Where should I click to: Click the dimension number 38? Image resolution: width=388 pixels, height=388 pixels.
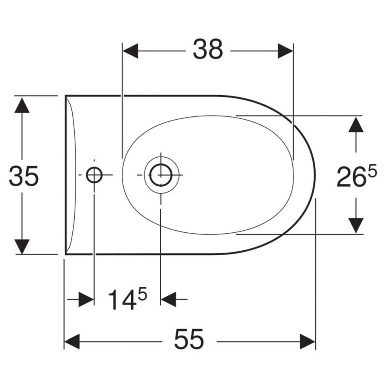coord(208,49)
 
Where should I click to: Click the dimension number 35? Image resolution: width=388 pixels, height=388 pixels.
coord(24,176)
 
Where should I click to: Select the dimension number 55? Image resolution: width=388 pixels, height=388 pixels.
coord(189,339)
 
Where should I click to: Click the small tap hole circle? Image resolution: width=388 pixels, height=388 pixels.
coord(94,175)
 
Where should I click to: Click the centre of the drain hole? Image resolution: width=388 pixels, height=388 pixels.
coord(161,175)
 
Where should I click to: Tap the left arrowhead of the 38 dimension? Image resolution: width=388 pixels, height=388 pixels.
coord(130,51)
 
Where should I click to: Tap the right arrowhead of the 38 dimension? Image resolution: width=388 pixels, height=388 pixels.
coord(285,51)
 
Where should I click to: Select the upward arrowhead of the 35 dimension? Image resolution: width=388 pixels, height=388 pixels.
coord(22,105)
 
